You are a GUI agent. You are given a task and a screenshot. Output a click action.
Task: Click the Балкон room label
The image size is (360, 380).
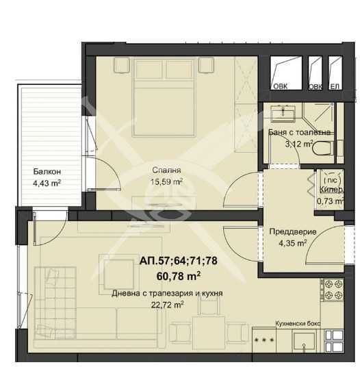tap(47, 172)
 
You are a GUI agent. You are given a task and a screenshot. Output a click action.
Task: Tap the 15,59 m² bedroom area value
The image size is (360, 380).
tap(166, 181)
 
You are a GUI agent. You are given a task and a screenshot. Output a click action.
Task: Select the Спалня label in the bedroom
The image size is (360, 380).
tap(166, 170)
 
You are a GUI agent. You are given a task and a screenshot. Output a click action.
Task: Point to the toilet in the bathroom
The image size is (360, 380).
tap(322, 148)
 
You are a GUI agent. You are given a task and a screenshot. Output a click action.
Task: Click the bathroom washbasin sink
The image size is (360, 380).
tap(283, 113)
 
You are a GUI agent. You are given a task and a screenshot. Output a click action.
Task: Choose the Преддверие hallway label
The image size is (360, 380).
tap(293, 231)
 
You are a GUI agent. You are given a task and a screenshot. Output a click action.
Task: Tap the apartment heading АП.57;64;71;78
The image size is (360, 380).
tap(179, 261)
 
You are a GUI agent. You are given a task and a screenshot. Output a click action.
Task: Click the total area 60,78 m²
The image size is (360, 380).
tap(179, 276)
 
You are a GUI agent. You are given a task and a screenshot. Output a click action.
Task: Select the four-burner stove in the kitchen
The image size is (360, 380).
tap(333, 290)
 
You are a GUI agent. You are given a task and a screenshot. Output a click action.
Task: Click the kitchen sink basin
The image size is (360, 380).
tap(305, 342)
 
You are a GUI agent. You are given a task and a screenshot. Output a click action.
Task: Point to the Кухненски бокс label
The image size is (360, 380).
tap(298, 323)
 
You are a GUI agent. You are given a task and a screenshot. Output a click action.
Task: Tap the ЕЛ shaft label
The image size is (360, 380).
tap(335, 86)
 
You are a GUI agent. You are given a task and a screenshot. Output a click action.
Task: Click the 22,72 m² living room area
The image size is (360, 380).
tap(167, 305)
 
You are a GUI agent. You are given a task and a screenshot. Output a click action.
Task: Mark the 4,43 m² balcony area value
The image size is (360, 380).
tap(47, 183)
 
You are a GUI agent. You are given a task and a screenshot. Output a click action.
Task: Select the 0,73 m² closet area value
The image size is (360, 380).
tap(330, 201)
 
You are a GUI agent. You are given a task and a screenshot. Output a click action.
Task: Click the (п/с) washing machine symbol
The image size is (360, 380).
tap(333, 180)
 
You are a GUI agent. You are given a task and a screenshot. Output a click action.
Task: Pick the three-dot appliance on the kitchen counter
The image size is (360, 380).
tap(264, 340)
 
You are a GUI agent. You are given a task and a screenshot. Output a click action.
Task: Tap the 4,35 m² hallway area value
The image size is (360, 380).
tap(293, 243)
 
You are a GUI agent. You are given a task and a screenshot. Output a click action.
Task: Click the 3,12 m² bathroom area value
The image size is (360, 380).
tap(299, 144)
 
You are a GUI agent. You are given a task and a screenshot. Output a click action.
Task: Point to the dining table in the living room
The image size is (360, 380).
tap(209, 333)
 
